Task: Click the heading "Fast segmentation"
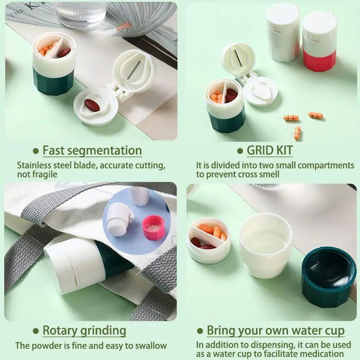pyautogui.click(x=92, y=150)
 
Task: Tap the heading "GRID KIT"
pyautogui.click(x=270, y=150)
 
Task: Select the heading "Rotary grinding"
pyautogui.click(x=84, y=330)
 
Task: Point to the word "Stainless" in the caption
pyautogui.click(x=33, y=165)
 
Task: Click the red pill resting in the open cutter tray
pyautogui.click(x=92, y=105)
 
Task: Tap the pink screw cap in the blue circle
pyautogui.click(x=153, y=227)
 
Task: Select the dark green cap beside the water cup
pyautogui.click(x=329, y=277)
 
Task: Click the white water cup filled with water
pyautogui.click(x=265, y=245)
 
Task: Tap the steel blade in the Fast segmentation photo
pyautogui.click(x=133, y=69)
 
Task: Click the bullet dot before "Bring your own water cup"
pyautogui.click(x=200, y=331)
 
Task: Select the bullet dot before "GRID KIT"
pyautogui.click(x=240, y=151)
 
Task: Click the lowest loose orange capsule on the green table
pyautogui.click(x=297, y=133)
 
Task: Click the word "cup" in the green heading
pyautogui.click(x=335, y=331)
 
